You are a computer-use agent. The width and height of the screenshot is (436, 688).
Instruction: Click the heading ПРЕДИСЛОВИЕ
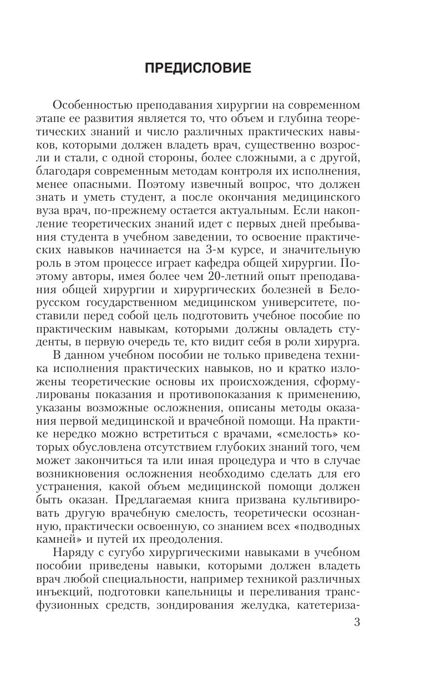[198, 68]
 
